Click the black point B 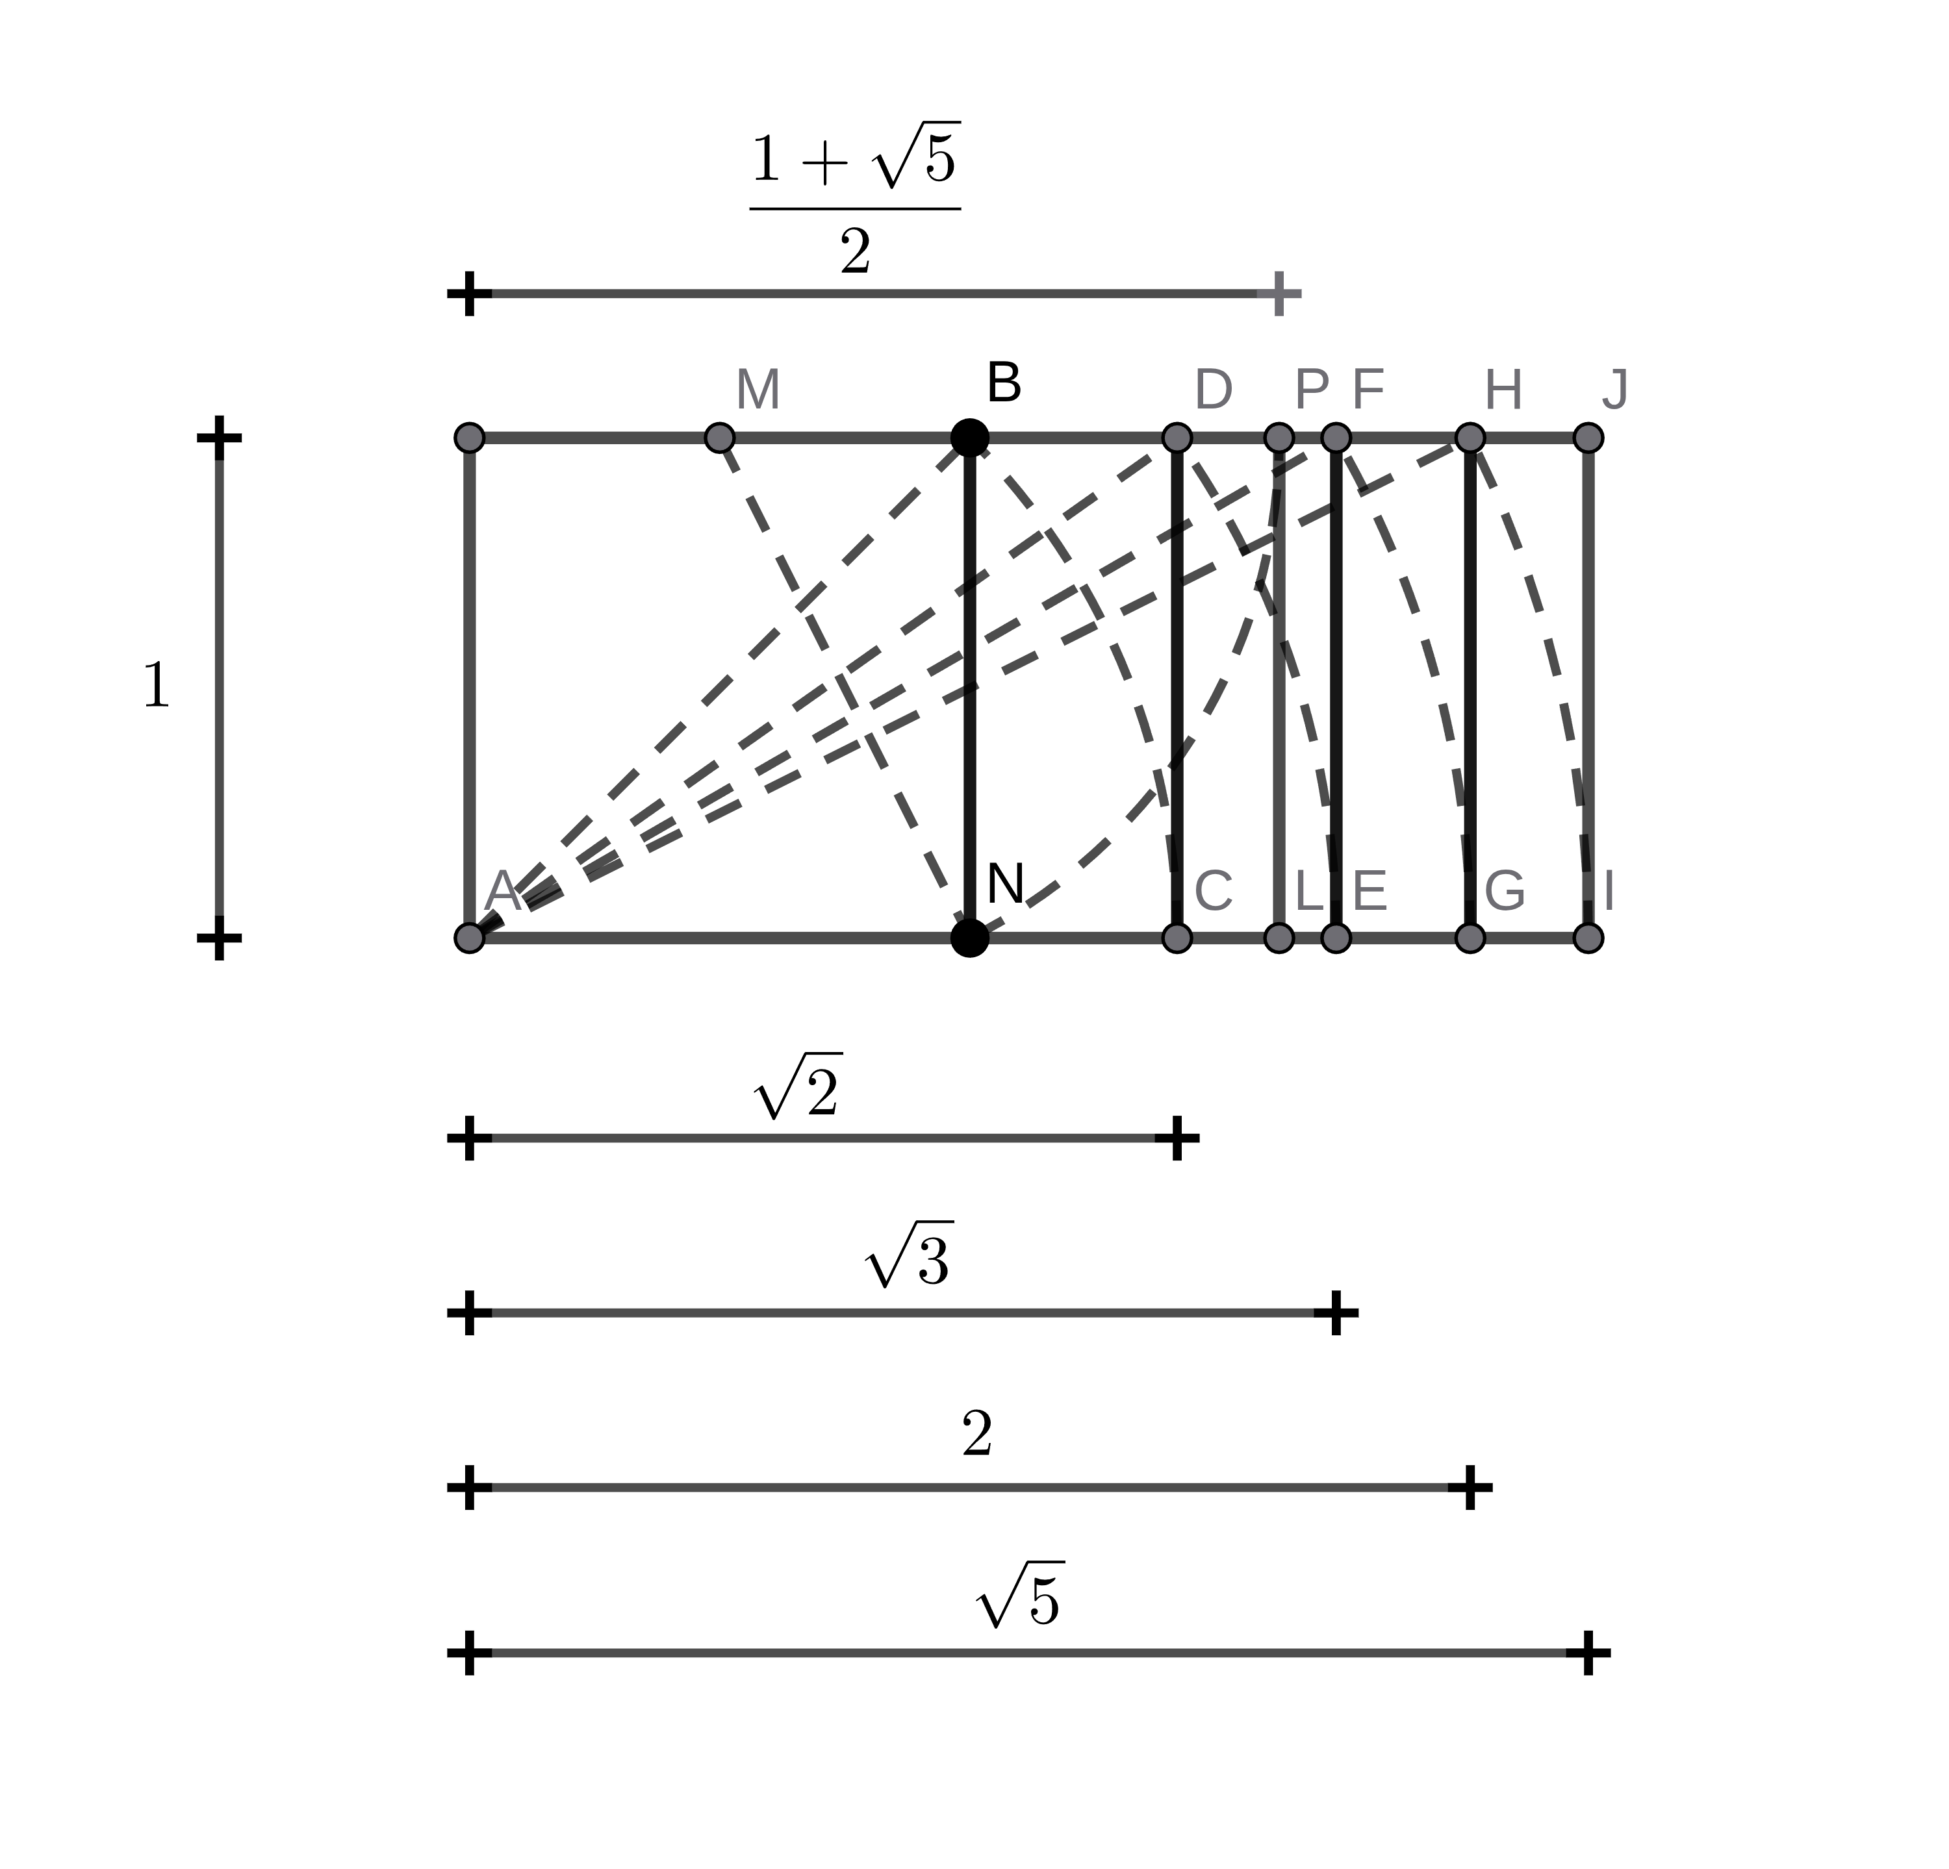click(969, 438)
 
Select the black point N click(969, 938)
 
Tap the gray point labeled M click(719, 438)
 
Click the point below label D click(1177, 438)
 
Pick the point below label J click(1588, 438)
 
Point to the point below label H click(1470, 438)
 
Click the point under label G click(1470, 938)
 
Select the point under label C click(1177, 938)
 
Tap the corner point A click(469, 938)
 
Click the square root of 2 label click(798, 1086)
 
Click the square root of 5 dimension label click(1019, 1596)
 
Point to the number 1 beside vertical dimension click(156, 686)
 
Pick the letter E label click(1369, 892)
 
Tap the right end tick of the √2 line click(1177, 1138)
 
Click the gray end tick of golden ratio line click(1279, 294)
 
